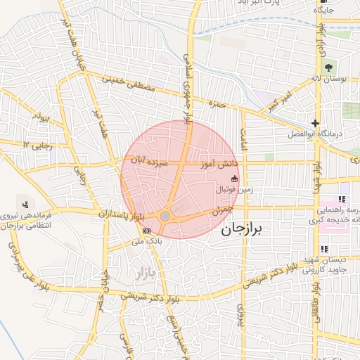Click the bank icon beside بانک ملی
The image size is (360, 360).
(x=146, y=231)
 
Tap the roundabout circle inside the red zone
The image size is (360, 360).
(x=166, y=217)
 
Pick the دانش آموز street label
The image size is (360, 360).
(x=221, y=163)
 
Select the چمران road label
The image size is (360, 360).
(x=220, y=209)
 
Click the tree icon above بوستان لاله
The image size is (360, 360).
(x=330, y=69)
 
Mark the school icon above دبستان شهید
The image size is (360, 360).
(x=324, y=249)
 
